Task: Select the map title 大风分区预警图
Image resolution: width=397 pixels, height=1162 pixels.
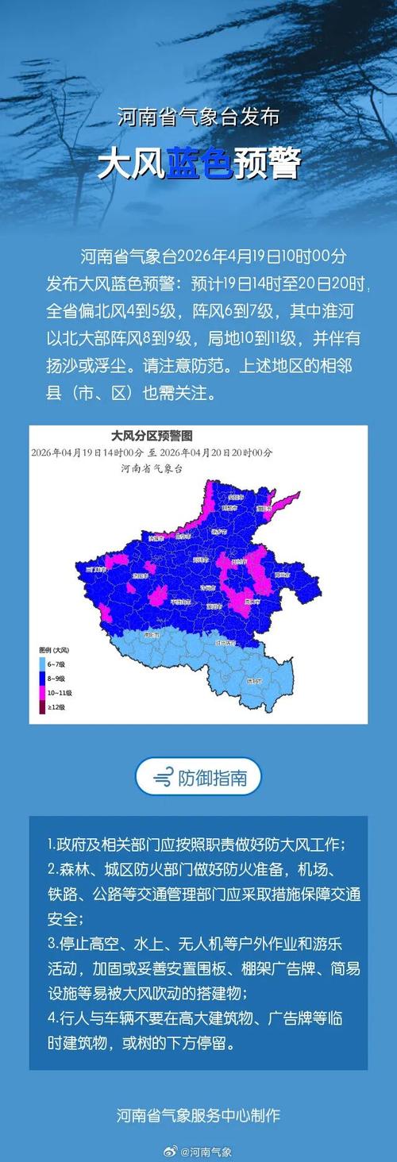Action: pos(151,437)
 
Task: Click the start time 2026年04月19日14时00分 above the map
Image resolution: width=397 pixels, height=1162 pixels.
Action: pos(87,452)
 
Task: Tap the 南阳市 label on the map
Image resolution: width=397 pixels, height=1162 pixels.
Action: pos(151,635)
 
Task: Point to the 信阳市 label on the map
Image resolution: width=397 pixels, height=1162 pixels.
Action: pos(253,681)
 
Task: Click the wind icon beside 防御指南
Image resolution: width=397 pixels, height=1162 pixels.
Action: pos(164,777)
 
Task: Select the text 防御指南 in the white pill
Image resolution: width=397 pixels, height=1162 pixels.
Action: pos(212,777)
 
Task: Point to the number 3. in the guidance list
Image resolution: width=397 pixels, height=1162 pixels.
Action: pos(51,945)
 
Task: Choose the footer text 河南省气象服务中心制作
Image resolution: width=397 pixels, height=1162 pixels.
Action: pos(198,1115)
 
